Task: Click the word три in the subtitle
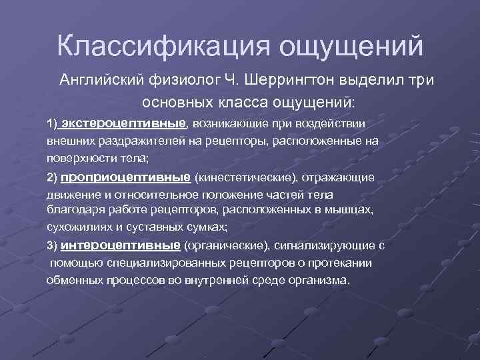coord(417,81)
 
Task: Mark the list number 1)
coord(53,124)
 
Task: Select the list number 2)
coord(53,177)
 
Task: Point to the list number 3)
coord(53,244)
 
